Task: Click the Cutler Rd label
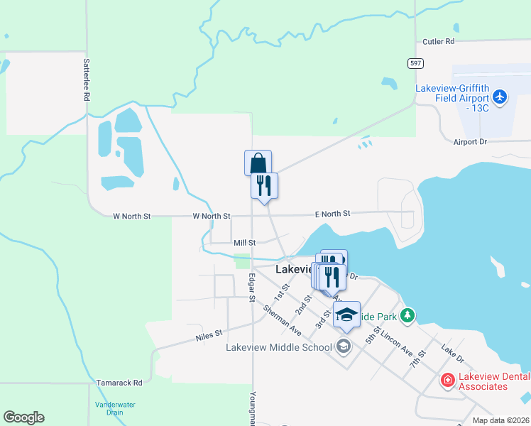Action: click(438, 42)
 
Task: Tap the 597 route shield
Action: click(416, 63)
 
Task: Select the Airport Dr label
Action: click(470, 142)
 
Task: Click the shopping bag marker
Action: click(258, 163)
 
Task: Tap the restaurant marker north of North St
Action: click(264, 185)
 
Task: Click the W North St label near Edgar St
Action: click(212, 216)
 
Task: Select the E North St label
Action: click(333, 213)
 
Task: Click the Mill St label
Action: click(244, 243)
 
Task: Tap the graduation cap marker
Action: click(346, 314)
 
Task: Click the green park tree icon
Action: click(407, 315)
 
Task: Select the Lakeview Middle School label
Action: click(279, 347)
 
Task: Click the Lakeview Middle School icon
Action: click(344, 346)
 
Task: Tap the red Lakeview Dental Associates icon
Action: click(447, 381)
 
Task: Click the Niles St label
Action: click(209, 332)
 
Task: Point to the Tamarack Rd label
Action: click(119, 383)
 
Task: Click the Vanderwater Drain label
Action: click(115, 408)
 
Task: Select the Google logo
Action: click(23, 417)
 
